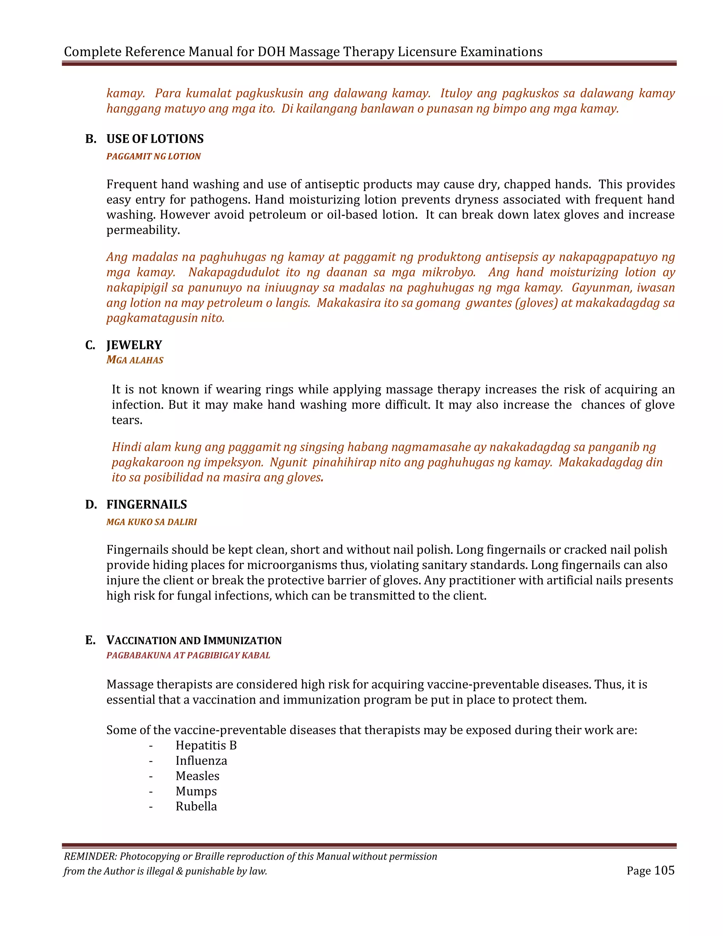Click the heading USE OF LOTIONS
(155, 139)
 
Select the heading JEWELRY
(134, 345)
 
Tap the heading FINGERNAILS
(147, 504)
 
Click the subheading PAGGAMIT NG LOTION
(153, 156)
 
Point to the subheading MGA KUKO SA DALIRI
(151, 522)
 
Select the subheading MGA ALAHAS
(135, 360)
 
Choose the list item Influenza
(201, 761)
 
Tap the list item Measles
(197, 776)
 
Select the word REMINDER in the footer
(90, 856)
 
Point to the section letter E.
(90, 640)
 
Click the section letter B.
(90, 139)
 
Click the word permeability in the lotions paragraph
(143, 230)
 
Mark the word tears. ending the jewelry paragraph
(127, 420)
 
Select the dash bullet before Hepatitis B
(151, 746)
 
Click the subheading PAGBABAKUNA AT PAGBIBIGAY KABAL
(188, 655)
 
